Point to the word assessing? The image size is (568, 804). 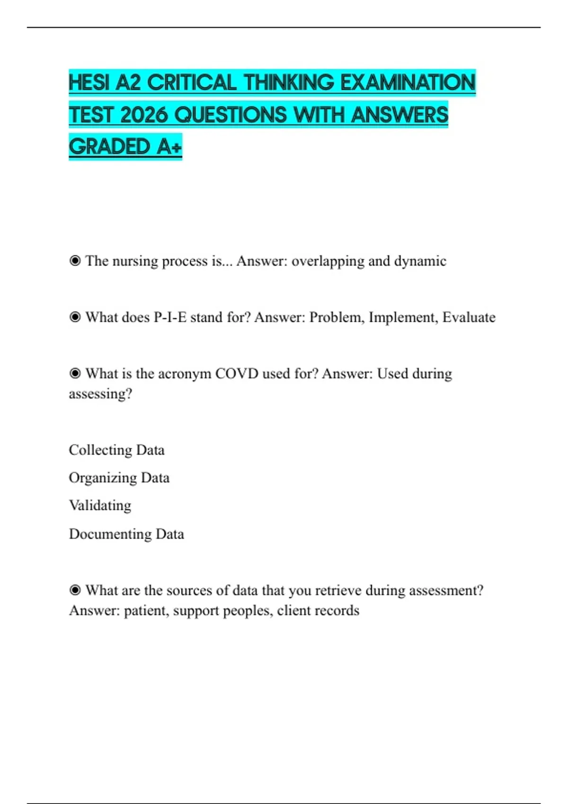100,394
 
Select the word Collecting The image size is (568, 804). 100,450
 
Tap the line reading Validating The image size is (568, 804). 100,506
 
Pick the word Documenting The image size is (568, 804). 110,534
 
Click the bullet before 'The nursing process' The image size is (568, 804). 75,261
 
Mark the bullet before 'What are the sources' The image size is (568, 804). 75,590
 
